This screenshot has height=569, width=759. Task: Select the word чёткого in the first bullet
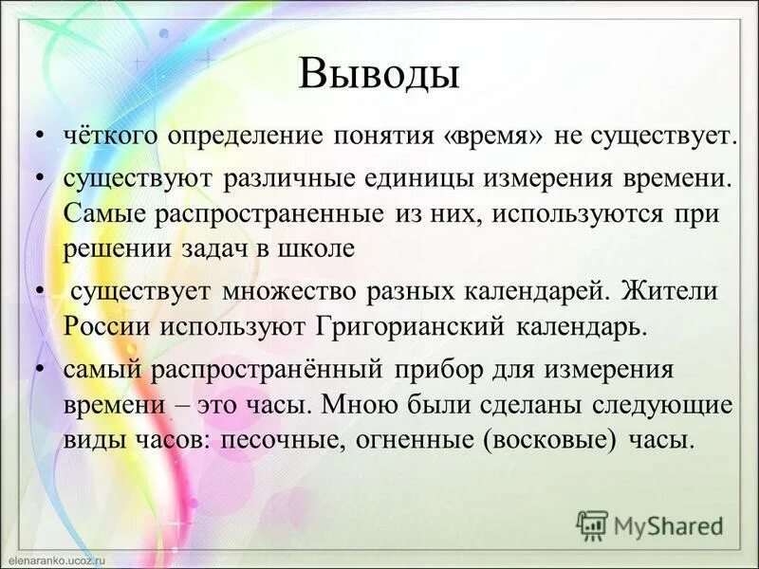111,136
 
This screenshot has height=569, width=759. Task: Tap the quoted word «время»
492,136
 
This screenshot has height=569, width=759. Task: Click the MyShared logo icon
592,524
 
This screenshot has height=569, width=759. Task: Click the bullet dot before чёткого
39,137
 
